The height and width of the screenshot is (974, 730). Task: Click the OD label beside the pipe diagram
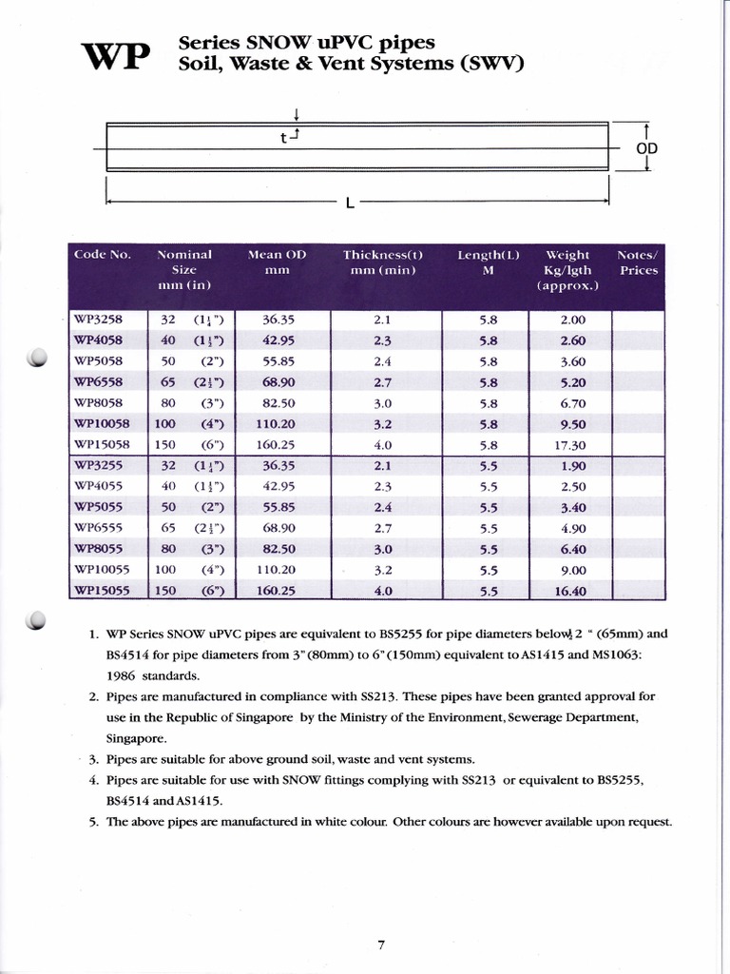(x=647, y=149)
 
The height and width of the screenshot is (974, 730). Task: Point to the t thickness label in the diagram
(x=283, y=138)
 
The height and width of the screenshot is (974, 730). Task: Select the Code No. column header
(x=102, y=255)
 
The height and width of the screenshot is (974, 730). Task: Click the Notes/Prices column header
(x=638, y=263)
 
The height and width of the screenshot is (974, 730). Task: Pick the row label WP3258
(x=98, y=320)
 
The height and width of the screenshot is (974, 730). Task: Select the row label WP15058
(x=102, y=444)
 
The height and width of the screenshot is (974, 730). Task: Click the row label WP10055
(x=102, y=570)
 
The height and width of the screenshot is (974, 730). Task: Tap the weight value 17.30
(x=572, y=445)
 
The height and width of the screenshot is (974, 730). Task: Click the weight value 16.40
(x=572, y=591)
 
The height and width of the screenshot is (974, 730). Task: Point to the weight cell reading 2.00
(x=572, y=321)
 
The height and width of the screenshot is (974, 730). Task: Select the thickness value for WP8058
(x=383, y=403)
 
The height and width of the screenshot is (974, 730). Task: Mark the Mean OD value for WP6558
(x=277, y=382)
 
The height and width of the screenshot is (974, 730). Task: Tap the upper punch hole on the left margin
(x=39, y=359)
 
